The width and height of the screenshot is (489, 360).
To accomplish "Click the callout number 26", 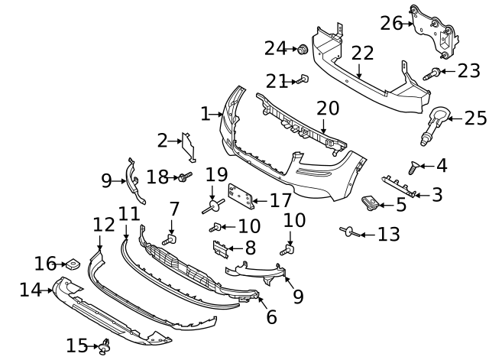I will point(391,23).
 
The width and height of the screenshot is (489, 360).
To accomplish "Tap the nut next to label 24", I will point(303,50).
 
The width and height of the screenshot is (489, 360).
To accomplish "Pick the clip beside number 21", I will point(303,78).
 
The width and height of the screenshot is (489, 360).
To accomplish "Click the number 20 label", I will point(327,109).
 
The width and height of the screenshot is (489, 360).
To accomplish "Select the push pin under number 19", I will point(213,204).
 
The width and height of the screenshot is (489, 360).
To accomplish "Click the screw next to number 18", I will point(183,177).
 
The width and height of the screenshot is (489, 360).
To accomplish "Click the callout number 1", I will point(205,115).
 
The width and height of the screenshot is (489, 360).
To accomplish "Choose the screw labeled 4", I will point(416,167).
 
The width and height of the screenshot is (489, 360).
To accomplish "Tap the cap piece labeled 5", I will point(372,203).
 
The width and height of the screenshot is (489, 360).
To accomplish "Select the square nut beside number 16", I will point(73,265).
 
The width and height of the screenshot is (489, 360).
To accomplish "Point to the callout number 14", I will point(30,290).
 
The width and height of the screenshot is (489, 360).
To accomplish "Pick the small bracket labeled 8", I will point(219,248).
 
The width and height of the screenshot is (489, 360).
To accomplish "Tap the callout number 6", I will point(271,316).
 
